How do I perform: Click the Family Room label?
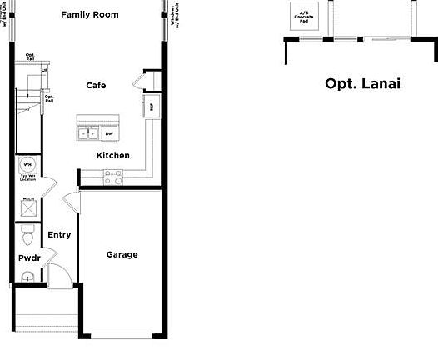pyautogui.click(x=90, y=14)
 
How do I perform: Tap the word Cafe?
pyautogui.click(x=96, y=85)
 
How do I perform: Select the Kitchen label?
pyautogui.click(x=113, y=156)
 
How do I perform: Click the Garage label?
pyautogui.click(x=122, y=254)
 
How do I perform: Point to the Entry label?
pyautogui.click(x=59, y=235)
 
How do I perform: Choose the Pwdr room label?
pyautogui.click(x=29, y=258)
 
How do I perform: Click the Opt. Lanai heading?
pyautogui.click(x=362, y=83)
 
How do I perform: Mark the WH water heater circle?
pyautogui.click(x=27, y=164)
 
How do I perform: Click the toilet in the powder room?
pyautogui.click(x=27, y=238)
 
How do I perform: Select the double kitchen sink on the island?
pyautogui.click(x=87, y=132)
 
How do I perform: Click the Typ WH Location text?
pyautogui.click(x=27, y=178)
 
